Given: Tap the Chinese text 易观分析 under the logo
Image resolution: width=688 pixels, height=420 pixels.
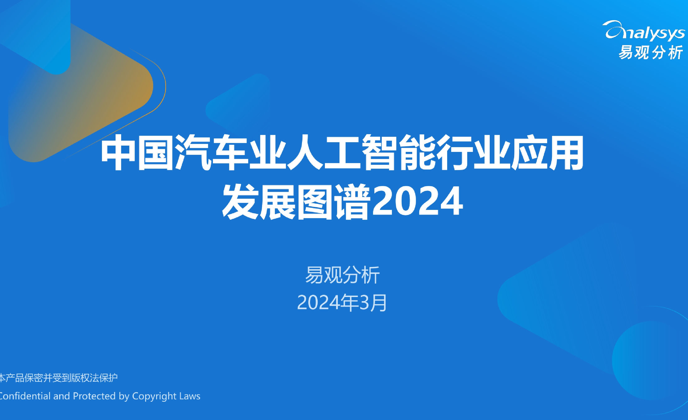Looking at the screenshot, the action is point(651,52).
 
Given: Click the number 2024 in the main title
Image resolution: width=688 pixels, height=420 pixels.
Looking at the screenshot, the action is point(418,201).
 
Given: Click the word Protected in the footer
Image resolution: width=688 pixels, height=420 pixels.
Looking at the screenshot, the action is point(94,396).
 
